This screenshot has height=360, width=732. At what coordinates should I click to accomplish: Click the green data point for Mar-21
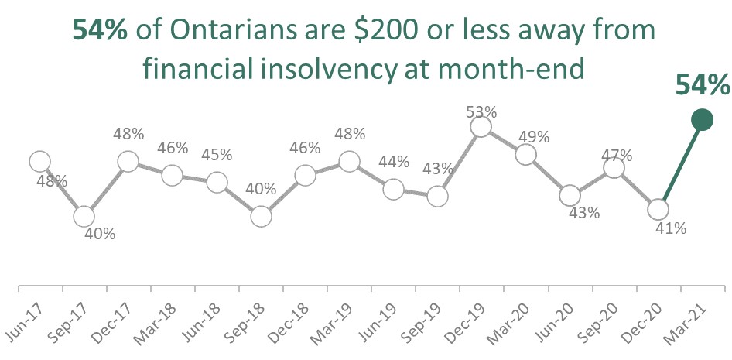click(x=702, y=119)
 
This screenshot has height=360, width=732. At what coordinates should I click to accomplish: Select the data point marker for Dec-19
click(x=481, y=126)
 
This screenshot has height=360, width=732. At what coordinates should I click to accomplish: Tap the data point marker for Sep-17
click(x=84, y=216)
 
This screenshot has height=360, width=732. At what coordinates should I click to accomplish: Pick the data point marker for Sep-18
click(x=261, y=216)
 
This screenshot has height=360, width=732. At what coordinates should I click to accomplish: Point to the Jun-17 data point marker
click(x=40, y=161)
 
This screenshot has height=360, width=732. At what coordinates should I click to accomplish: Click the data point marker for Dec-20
click(x=658, y=209)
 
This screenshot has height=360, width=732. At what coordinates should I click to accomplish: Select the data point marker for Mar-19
click(x=349, y=161)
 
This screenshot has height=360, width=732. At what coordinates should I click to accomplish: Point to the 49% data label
click(x=534, y=137)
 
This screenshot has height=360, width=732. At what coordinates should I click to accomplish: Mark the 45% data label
click(x=217, y=154)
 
